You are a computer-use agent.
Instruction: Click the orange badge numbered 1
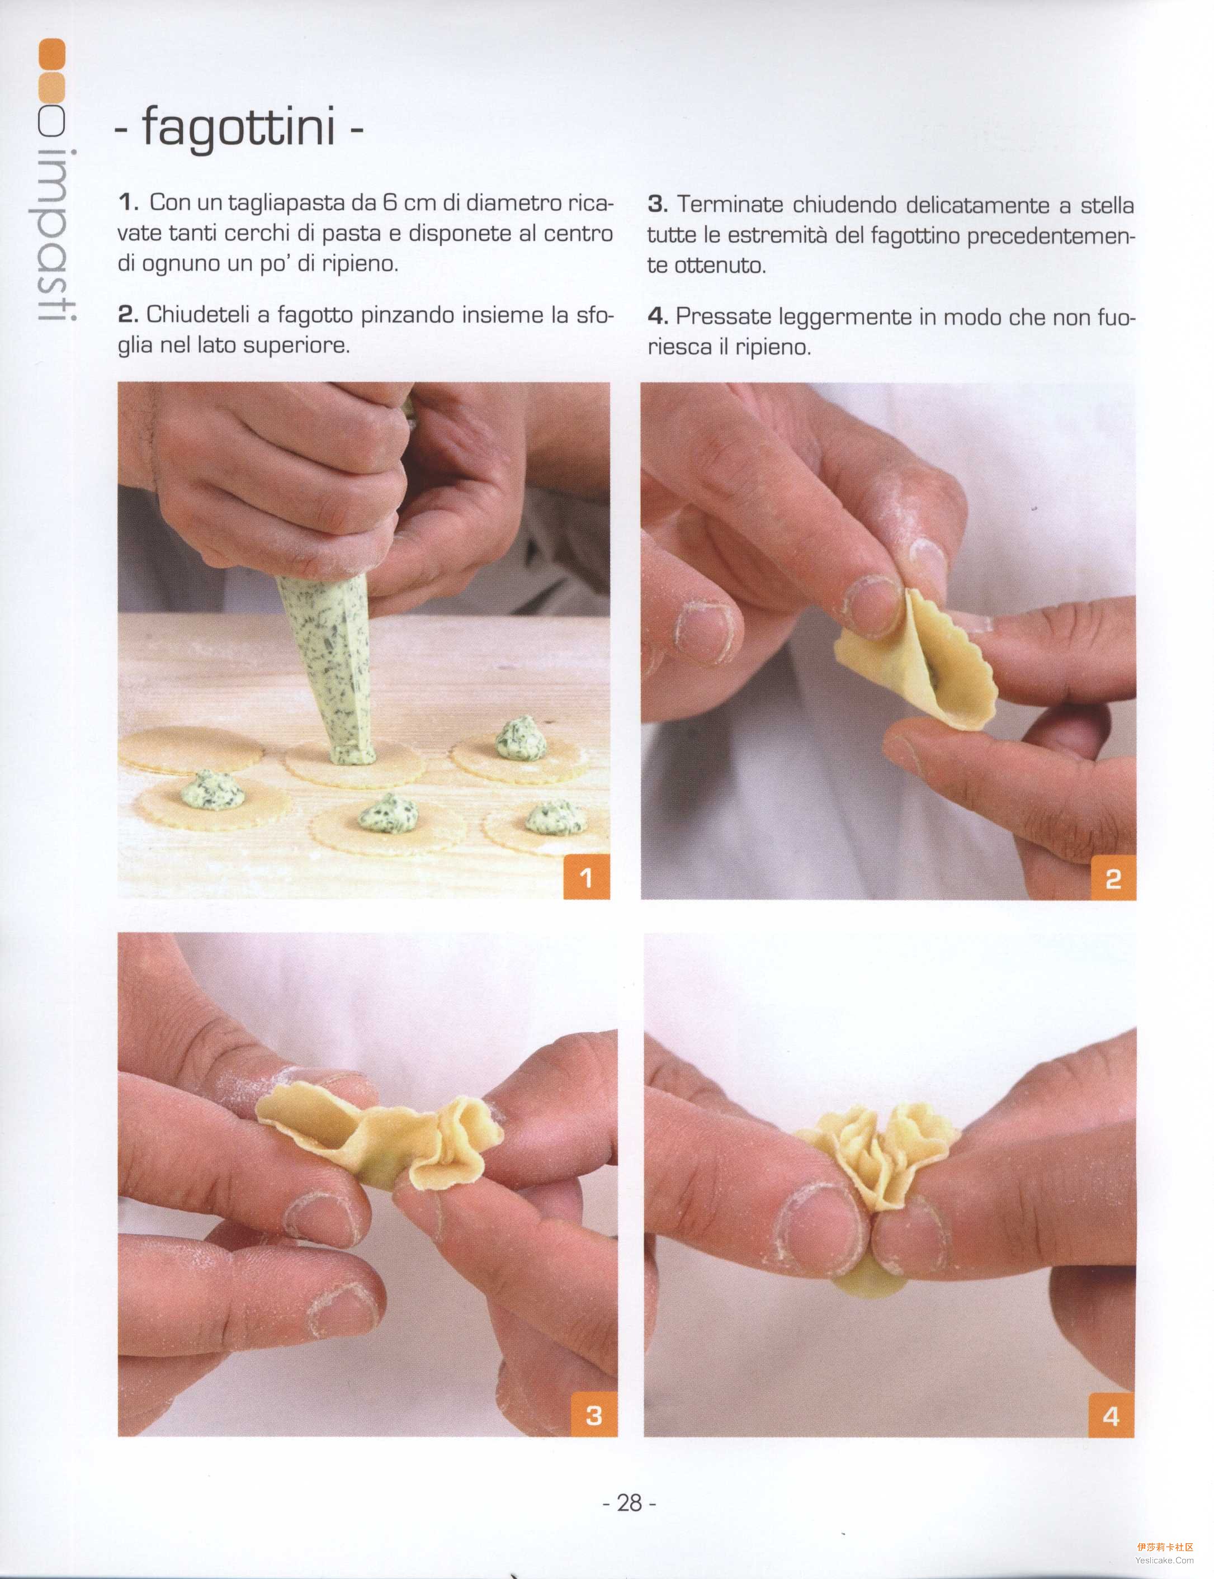tap(586, 877)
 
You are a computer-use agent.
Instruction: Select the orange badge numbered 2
tap(1113, 878)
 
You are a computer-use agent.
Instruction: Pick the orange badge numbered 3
tap(594, 1414)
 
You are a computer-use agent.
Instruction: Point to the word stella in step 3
tap(1107, 205)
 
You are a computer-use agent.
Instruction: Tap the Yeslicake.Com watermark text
tap(1164, 1560)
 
